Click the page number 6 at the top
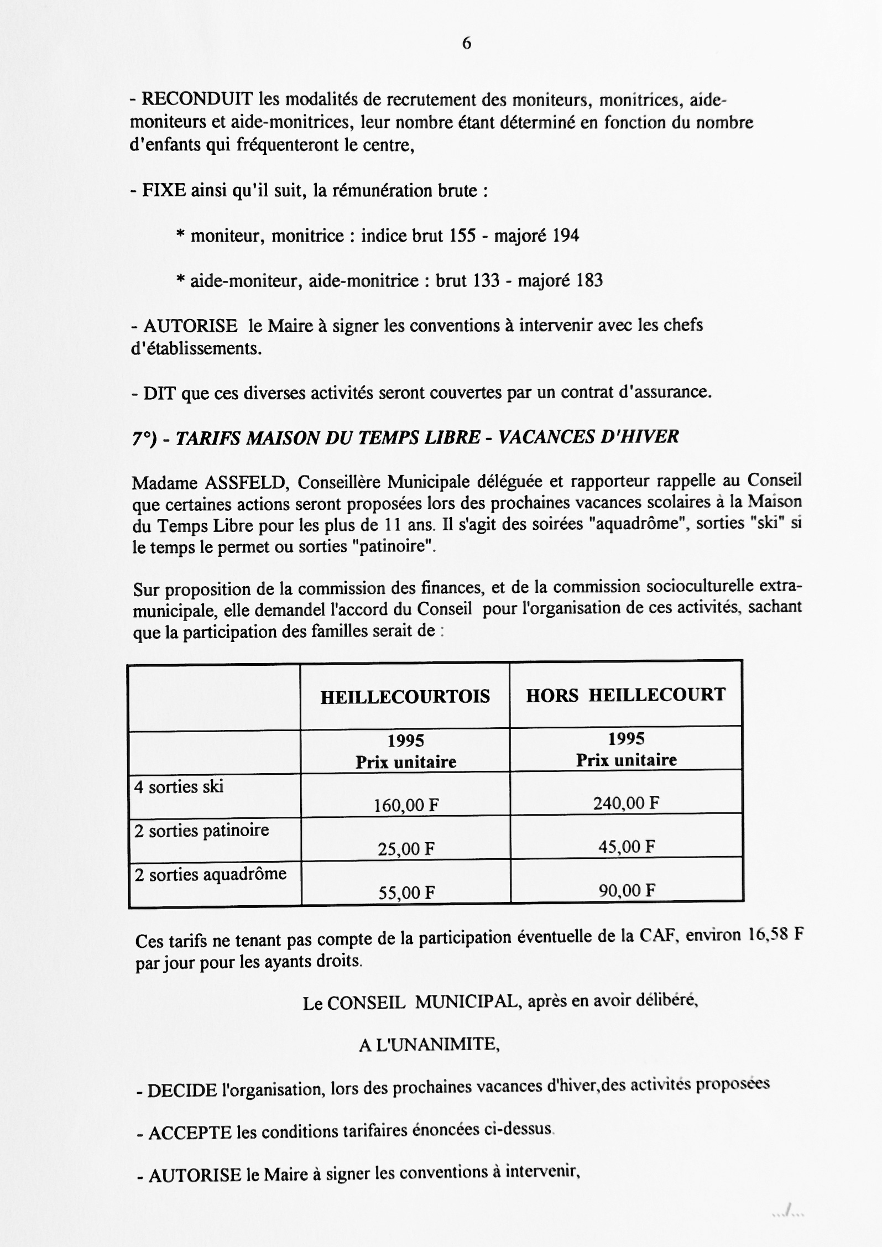pos(466,43)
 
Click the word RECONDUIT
pos(197,100)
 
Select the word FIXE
pos(165,191)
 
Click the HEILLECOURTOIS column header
pos(405,697)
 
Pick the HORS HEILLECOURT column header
pos(625,695)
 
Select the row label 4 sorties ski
pos(179,787)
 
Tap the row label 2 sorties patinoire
pos(201,831)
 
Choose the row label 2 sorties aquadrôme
pos(210,874)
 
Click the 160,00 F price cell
pos(406,805)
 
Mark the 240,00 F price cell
pos(626,803)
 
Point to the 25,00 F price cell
pos(406,849)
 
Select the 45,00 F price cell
pos(626,847)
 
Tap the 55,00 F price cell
pos(406,893)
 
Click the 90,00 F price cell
pos(627,890)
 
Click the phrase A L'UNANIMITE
pos(429,1045)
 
